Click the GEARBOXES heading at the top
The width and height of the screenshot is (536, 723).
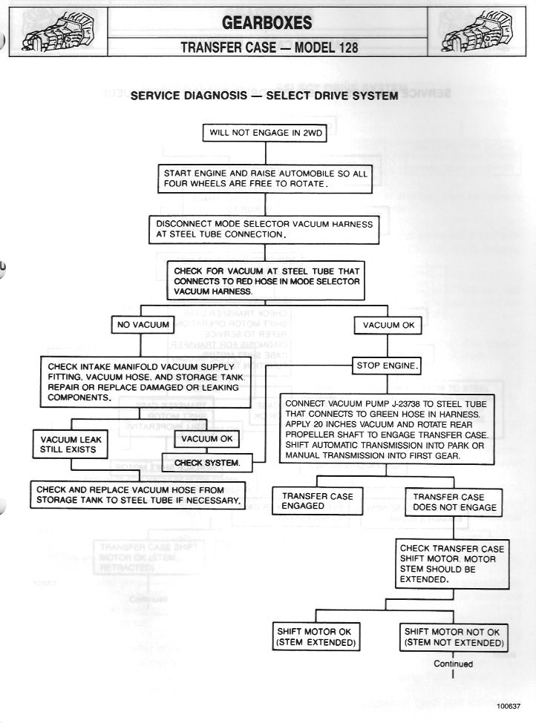pyautogui.click(x=267, y=23)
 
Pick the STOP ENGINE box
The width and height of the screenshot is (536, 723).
pyautogui.click(x=388, y=365)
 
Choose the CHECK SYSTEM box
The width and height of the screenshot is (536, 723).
pyautogui.click(x=207, y=463)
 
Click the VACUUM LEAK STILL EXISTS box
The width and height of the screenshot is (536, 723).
pyautogui.click(x=71, y=445)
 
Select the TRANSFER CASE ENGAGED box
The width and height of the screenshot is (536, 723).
pyautogui.click(x=317, y=501)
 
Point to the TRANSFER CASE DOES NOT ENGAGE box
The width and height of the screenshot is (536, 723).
pyautogui.click(x=454, y=501)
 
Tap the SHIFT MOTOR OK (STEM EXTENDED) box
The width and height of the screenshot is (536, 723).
pyautogui.click(x=316, y=637)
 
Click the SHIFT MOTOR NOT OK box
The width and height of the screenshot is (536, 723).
pyautogui.click(x=453, y=637)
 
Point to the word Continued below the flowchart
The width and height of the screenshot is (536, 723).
pyautogui.click(x=453, y=664)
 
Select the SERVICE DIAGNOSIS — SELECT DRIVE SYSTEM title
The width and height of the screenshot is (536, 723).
pyautogui.click(x=264, y=96)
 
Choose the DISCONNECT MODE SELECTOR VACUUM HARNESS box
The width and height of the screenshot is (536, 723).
pyautogui.click(x=264, y=228)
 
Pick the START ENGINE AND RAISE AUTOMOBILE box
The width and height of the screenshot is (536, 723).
pyautogui.click(x=265, y=178)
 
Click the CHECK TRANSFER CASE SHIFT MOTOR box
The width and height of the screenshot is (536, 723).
pyautogui.click(x=451, y=564)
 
